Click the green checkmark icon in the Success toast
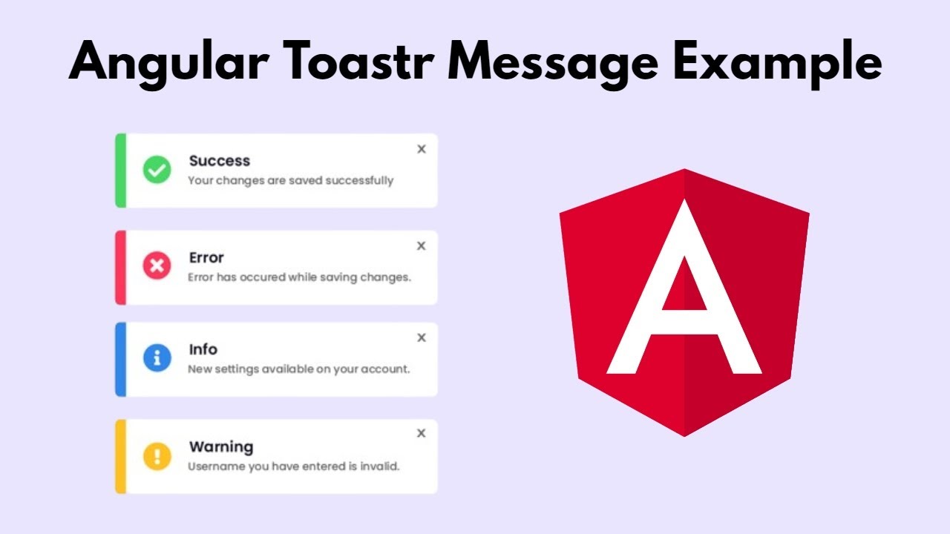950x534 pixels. point(157,171)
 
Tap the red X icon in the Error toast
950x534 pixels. point(157,266)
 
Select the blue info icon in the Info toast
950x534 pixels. point(157,359)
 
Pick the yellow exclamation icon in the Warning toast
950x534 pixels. point(157,455)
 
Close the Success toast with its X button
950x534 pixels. point(422,149)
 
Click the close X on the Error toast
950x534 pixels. point(422,245)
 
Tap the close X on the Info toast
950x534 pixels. point(422,337)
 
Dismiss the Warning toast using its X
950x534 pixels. point(422,433)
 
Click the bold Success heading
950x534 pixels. point(219,161)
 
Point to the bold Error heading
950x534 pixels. point(206,257)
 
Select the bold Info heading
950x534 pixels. point(203,349)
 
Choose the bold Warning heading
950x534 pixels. point(221,446)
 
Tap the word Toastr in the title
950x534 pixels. point(381,63)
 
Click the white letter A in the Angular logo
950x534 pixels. point(684,297)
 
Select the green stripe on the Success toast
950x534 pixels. point(120,171)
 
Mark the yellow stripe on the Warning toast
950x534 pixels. point(120,456)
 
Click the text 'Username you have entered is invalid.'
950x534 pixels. point(294,467)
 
